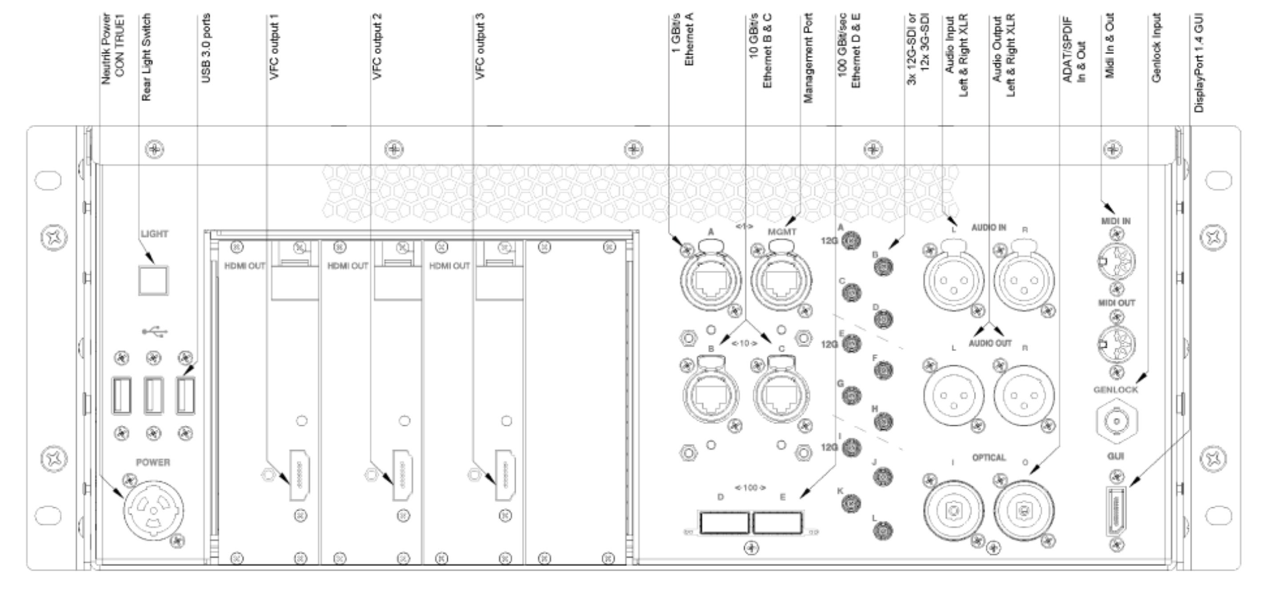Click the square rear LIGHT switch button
click(153, 280)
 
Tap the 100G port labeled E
click(778, 522)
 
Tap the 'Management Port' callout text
click(808, 58)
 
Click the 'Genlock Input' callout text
click(1156, 48)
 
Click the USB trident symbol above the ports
click(154, 332)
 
